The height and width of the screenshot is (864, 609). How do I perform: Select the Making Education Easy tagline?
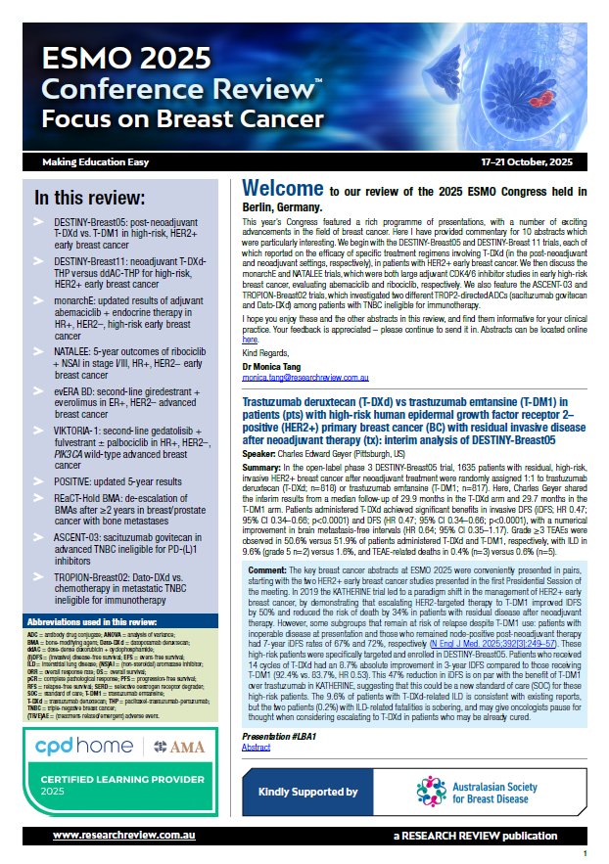click(96, 159)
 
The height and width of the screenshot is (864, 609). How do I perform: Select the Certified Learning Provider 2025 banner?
click(117, 791)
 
